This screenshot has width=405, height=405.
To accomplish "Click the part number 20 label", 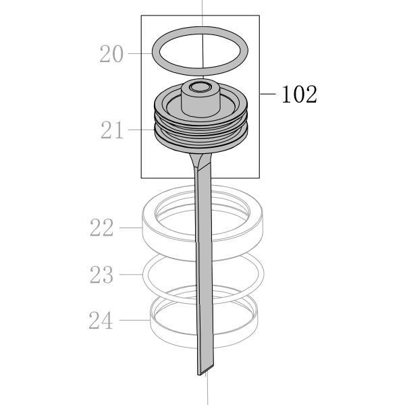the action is click(x=111, y=54).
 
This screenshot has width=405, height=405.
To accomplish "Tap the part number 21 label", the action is click(x=112, y=130).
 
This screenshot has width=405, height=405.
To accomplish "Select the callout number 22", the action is click(x=101, y=227).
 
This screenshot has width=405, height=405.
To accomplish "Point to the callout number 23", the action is click(x=101, y=274).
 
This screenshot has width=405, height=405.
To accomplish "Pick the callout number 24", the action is click(x=101, y=320).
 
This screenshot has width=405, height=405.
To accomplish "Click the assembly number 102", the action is click(x=299, y=94).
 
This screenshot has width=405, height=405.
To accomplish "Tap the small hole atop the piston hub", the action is click(x=200, y=86).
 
